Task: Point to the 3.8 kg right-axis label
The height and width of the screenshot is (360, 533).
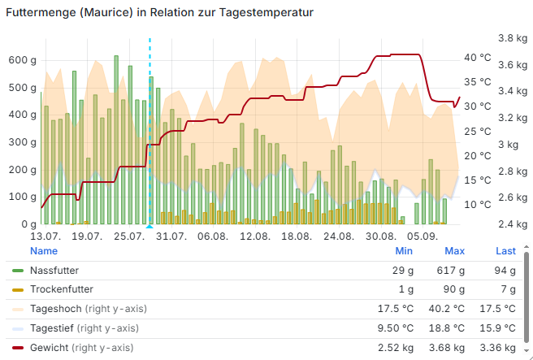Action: pos(512,38)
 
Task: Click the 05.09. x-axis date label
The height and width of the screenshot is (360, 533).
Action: pos(422,236)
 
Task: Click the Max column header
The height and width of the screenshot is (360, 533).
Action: pos(454,251)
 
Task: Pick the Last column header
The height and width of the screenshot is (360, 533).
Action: pos(505,251)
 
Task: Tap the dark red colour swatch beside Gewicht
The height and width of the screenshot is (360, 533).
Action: pos(18,347)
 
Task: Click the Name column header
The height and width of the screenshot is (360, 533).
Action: pos(44,251)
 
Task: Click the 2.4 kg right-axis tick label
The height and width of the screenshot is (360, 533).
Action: pos(512,224)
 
